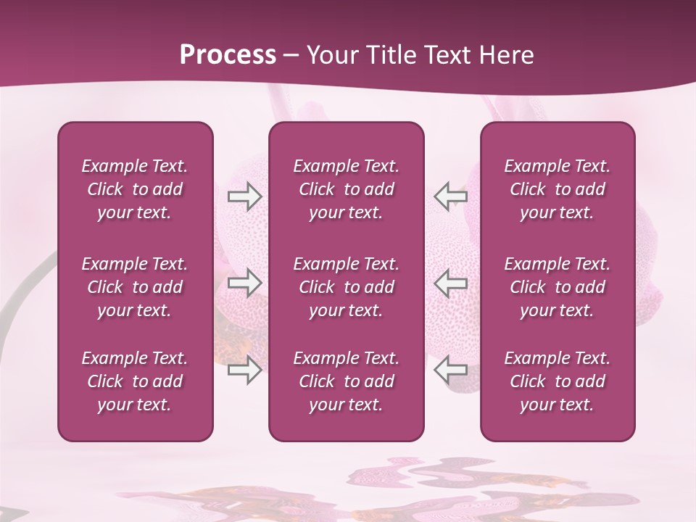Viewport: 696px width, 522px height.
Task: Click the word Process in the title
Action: pos(228,55)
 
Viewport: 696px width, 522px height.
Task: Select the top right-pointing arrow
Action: pos(244,196)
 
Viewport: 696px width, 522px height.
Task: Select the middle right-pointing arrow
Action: pos(244,283)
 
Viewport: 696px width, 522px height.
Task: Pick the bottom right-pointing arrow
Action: pos(244,370)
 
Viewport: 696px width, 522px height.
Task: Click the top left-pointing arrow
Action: pos(451,196)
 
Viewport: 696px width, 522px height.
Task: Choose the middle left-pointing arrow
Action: pos(451,283)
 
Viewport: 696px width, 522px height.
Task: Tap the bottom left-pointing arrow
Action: pos(451,370)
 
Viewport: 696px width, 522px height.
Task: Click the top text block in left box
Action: pos(135,189)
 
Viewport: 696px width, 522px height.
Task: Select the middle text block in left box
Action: pos(135,287)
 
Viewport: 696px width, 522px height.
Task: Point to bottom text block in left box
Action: pos(135,381)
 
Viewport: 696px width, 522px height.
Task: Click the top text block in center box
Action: pos(346,189)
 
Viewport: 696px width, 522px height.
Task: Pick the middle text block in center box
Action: pos(346,287)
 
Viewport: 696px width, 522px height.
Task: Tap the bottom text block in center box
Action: pos(346,381)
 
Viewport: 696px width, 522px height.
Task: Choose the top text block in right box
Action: pos(557,189)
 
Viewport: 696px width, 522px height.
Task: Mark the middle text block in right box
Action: pos(557,287)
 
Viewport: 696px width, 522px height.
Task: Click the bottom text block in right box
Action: pos(557,381)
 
